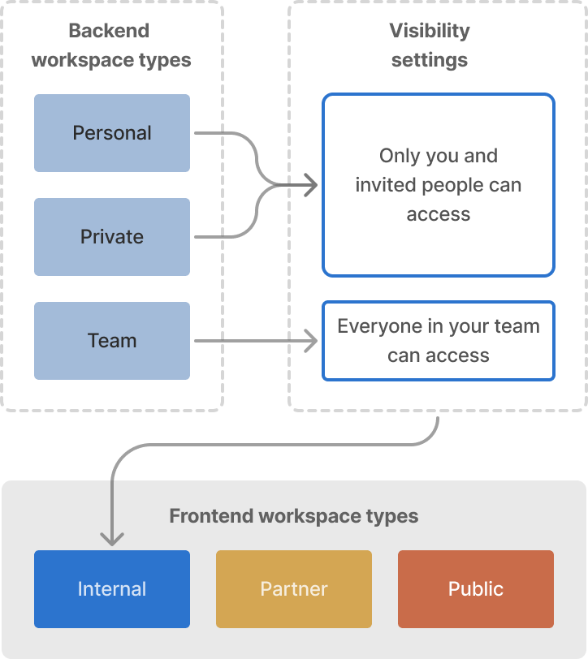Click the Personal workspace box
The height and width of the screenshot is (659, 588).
(x=112, y=133)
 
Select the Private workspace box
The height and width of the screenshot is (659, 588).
(x=112, y=237)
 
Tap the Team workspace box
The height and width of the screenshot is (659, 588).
(x=112, y=341)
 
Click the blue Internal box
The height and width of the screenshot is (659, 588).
(x=112, y=589)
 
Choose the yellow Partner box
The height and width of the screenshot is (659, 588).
(x=294, y=589)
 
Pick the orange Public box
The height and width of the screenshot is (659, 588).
(x=476, y=589)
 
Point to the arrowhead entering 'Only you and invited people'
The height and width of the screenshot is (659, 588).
(x=311, y=185)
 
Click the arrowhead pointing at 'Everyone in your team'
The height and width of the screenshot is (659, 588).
(x=311, y=341)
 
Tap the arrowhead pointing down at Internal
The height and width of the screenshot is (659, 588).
(x=112, y=538)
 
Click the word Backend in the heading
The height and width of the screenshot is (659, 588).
(x=109, y=31)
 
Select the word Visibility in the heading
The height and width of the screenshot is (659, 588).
(x=430, y=31)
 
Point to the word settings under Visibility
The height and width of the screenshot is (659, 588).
(x=430, y=60)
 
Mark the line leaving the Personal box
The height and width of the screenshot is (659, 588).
(x=219, y=133)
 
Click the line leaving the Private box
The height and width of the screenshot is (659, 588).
(x=219, y=237)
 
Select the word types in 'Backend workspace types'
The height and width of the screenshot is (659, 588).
(x=165, y=60)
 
